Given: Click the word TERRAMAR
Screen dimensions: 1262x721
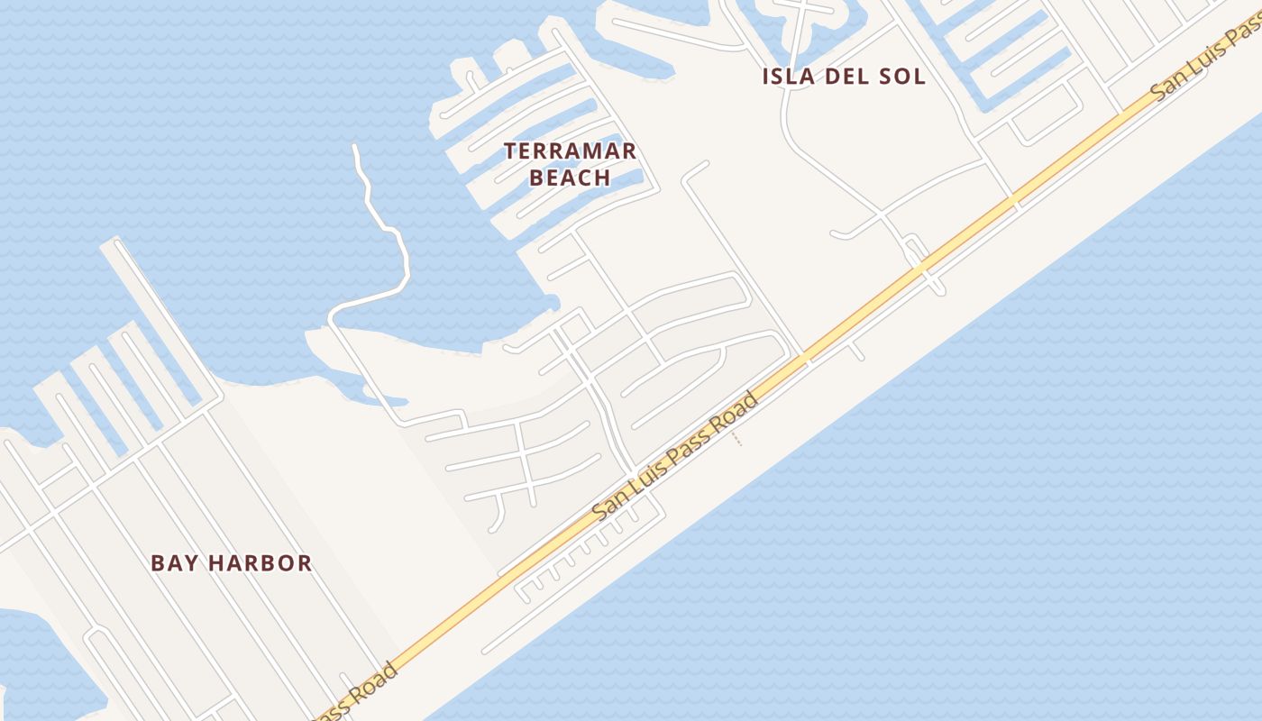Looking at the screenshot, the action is coord(570,151).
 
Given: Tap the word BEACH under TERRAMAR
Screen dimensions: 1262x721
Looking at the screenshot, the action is coord(570,178).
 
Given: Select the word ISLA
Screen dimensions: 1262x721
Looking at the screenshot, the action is coord(791,77).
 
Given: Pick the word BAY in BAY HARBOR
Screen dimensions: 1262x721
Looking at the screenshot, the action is coord(173,563).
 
